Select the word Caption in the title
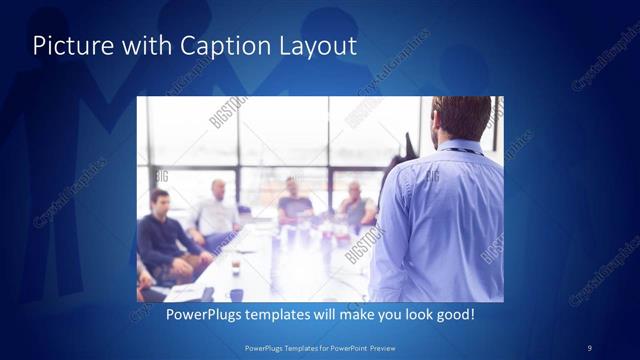coord(197,46)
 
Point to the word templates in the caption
coord(284,315)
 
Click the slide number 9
coord(589,347)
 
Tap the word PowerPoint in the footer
coord(347,347)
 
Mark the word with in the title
coord(132,46)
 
